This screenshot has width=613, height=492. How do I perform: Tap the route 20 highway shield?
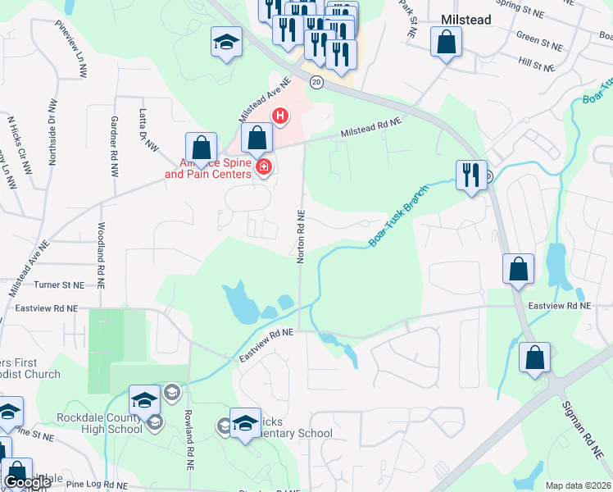click(316, 81)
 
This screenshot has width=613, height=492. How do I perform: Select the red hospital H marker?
click(280, 116)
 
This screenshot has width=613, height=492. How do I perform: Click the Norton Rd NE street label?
click(301, 236)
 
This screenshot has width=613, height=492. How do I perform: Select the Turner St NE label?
click(60, 285)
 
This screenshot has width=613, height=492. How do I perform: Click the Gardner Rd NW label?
click(113, 139)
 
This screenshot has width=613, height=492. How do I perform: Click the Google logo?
click(27, 483)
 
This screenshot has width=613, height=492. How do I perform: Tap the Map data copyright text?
click(579, 485)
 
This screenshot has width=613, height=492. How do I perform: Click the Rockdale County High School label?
click(99, 423)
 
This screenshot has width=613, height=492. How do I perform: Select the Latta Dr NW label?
click(148, 131)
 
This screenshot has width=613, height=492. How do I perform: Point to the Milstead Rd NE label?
click(372, 126)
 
